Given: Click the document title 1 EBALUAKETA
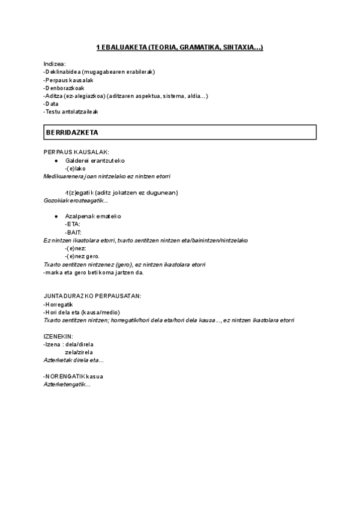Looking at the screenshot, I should [x=179, y=48].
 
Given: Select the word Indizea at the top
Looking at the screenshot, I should [x=55, y=64].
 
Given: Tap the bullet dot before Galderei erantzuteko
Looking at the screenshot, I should [x=56, y=161].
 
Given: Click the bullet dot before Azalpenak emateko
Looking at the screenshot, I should [x=56, y=216].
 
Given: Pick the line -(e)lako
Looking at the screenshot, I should [x=76, y=169].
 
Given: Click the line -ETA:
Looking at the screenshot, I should [x=73, y=224].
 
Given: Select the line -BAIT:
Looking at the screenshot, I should [x=73, y=232].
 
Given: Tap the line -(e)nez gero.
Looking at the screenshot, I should [x=82, y=256].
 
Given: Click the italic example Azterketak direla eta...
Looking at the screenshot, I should [x=74, y=360].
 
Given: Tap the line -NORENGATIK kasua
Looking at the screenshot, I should [x=73, y=376].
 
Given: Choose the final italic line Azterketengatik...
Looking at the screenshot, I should [x=67, y=384].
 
